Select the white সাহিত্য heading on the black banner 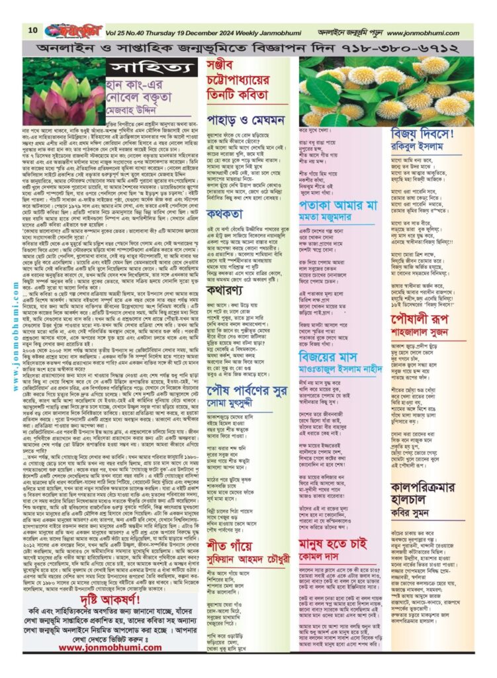[x=137, y=70]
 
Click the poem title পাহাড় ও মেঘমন [x=261, y=120]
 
